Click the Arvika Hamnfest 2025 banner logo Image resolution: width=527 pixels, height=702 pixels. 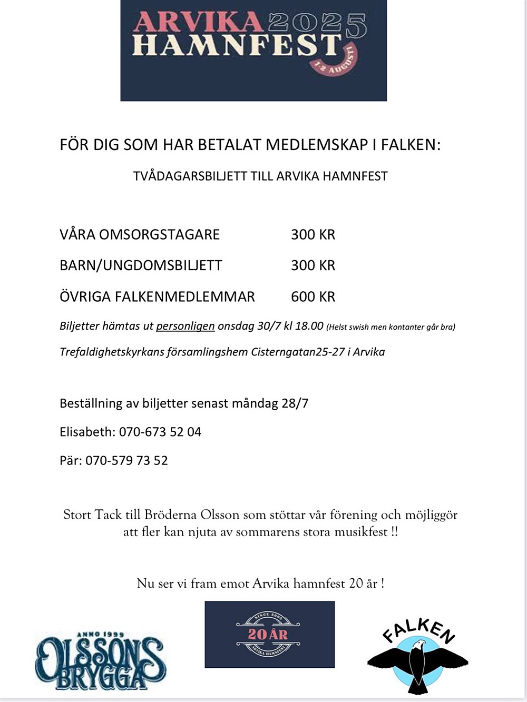point(253,51)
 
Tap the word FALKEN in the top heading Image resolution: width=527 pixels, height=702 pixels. point(411,144)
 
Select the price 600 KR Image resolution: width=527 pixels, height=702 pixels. point(313,296)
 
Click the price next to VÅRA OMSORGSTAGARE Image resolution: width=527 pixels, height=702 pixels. point(313,234)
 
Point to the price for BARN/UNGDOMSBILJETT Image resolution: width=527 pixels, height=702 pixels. point(313,265)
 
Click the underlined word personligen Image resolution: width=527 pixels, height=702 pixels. point(185,326)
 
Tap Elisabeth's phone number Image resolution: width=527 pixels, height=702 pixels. point(160,432)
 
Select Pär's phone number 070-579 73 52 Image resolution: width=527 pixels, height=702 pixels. point(126,460)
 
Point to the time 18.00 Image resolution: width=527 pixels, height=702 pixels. point(309,326)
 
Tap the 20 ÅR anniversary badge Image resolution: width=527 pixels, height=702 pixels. point(269,634)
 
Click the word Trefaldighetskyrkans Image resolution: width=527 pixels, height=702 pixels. point(111,352)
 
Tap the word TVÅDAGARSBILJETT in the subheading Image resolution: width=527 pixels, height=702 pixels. point(190,176)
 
